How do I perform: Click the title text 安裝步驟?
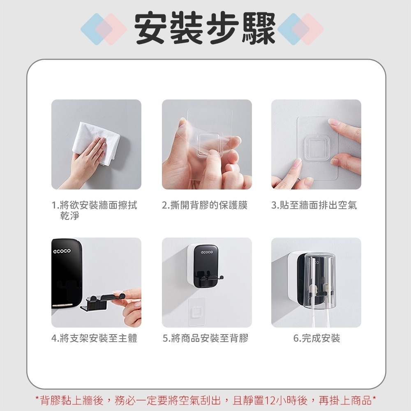(205, 29)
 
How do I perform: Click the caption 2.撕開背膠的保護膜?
(205, 205)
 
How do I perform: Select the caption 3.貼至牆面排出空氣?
(314, 205)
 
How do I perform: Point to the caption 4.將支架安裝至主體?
(95, 338)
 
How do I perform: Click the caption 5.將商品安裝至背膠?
(205, 338)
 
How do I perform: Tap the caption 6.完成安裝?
(316, 338)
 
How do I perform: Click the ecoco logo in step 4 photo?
(62, 251)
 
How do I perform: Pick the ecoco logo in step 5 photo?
(207, 252)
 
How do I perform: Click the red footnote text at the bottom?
(206, 400)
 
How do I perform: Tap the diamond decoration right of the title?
(300, 29)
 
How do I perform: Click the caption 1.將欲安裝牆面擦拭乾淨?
(95, 210)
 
